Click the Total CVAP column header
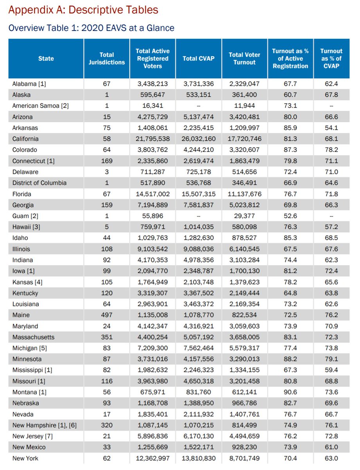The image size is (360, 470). (198, 59)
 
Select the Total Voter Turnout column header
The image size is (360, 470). (245, 59)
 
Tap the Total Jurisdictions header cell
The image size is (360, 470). (107, 59)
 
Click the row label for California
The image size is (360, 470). (25, 139)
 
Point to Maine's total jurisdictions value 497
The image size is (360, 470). (107, 315)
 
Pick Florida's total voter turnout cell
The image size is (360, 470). (245, 194)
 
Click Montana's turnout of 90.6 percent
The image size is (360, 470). (290, 392)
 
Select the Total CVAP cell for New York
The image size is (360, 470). (198, 458)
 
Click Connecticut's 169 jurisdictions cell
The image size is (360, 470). (107, 161)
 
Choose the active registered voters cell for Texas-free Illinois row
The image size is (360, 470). (153, 249)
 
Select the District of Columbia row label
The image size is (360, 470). (40, 183)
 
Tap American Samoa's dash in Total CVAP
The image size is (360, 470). (198, 106)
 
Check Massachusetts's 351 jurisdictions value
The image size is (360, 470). (107, 337)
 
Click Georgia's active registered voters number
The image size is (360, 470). (153, 205)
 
